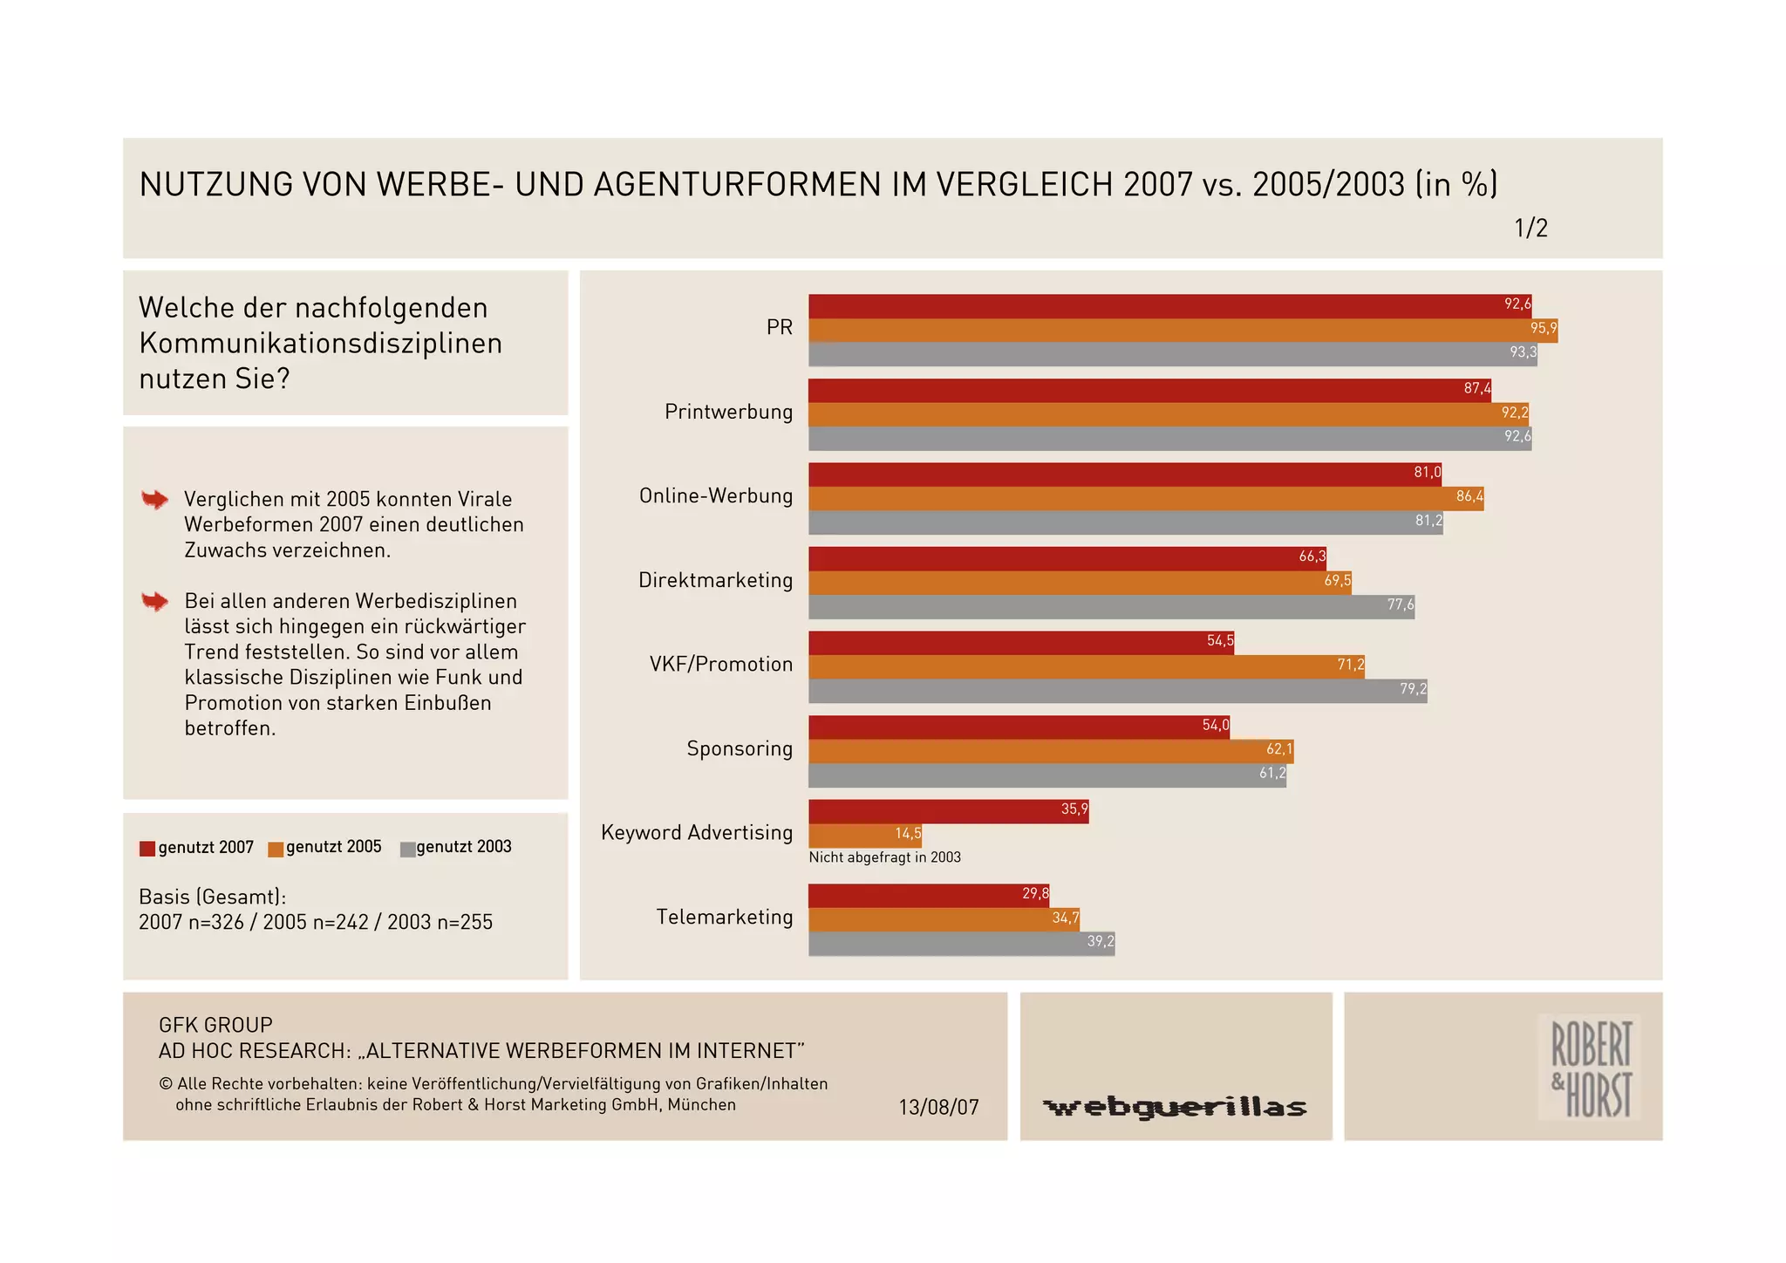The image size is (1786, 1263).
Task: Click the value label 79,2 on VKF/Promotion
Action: (1413, 689)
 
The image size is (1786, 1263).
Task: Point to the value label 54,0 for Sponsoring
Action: (1216, 726)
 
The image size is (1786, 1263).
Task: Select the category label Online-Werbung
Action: (716, 496)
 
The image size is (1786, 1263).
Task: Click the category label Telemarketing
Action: (725, 918)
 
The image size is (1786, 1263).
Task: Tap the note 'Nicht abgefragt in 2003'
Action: (884, 857)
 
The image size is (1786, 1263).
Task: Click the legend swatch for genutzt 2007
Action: (147, 849)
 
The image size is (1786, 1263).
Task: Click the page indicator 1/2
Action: (1530, 229)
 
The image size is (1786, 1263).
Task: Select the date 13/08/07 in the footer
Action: (938, 1108)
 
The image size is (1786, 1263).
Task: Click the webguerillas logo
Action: (1175, 1108)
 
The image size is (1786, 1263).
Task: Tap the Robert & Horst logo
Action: (1590, 1067)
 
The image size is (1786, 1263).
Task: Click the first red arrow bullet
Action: (154, 500)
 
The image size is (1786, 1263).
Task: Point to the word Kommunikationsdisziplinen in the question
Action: (320, 344)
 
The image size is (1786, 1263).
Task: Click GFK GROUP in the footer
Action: (215, 1025)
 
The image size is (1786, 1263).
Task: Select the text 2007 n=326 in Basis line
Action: (191, 923)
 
